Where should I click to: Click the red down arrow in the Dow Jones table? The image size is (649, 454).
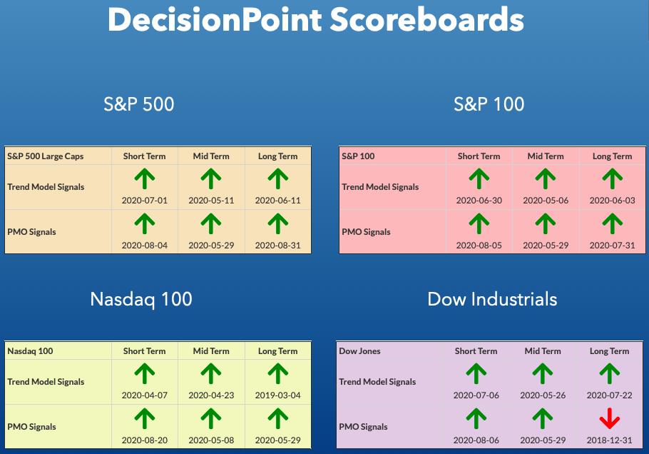pyautogui.click(x=609, y=418)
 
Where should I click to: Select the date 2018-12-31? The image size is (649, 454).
pyautogui.click(x=609, y=440)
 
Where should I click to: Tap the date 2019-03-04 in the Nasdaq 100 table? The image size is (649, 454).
pyautogui.click(x=277, y=395)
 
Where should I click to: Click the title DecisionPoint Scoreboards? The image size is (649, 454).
pyautogui.click(x=316, y=19)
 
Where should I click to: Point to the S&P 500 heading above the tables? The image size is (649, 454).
pyautogui.click(x=138, y=104)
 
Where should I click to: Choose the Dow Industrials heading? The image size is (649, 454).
pyautogui.click(x=492, y=299)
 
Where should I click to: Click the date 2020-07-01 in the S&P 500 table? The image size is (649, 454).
pyautogui.click(x=145, y=201)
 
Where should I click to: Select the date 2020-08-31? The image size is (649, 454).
pyautogui.click(x=277, y=246)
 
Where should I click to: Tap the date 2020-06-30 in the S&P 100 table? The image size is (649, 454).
pyautogui.click(x=479, y=201)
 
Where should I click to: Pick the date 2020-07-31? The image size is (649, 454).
pyautogui.click(x=612, y=246)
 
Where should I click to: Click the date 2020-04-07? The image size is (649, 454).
pyautogui.click(x=145, y=395)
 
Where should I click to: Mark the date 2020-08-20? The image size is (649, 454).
pyautogui.click(x=145, y=440)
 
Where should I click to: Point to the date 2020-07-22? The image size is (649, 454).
pyautogui.click(x=609, y=395)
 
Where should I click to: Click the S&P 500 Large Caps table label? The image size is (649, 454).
pyautogui.click(x=46, y=156)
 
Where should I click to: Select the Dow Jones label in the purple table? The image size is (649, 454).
pyautogui.click(x=359, y=351)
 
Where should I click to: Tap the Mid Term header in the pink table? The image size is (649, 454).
pyautogui.click(x=546, y=156)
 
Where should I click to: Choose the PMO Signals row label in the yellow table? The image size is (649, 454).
pyautogui.click(x=31, y=427)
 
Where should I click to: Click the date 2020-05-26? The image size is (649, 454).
pyautogui.click(x=543, y=395)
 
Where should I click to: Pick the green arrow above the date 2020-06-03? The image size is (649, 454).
pyautogui.click(x=612, y=178)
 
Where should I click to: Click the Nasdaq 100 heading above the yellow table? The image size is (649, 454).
pyautogui.click(x=141, y=299)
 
